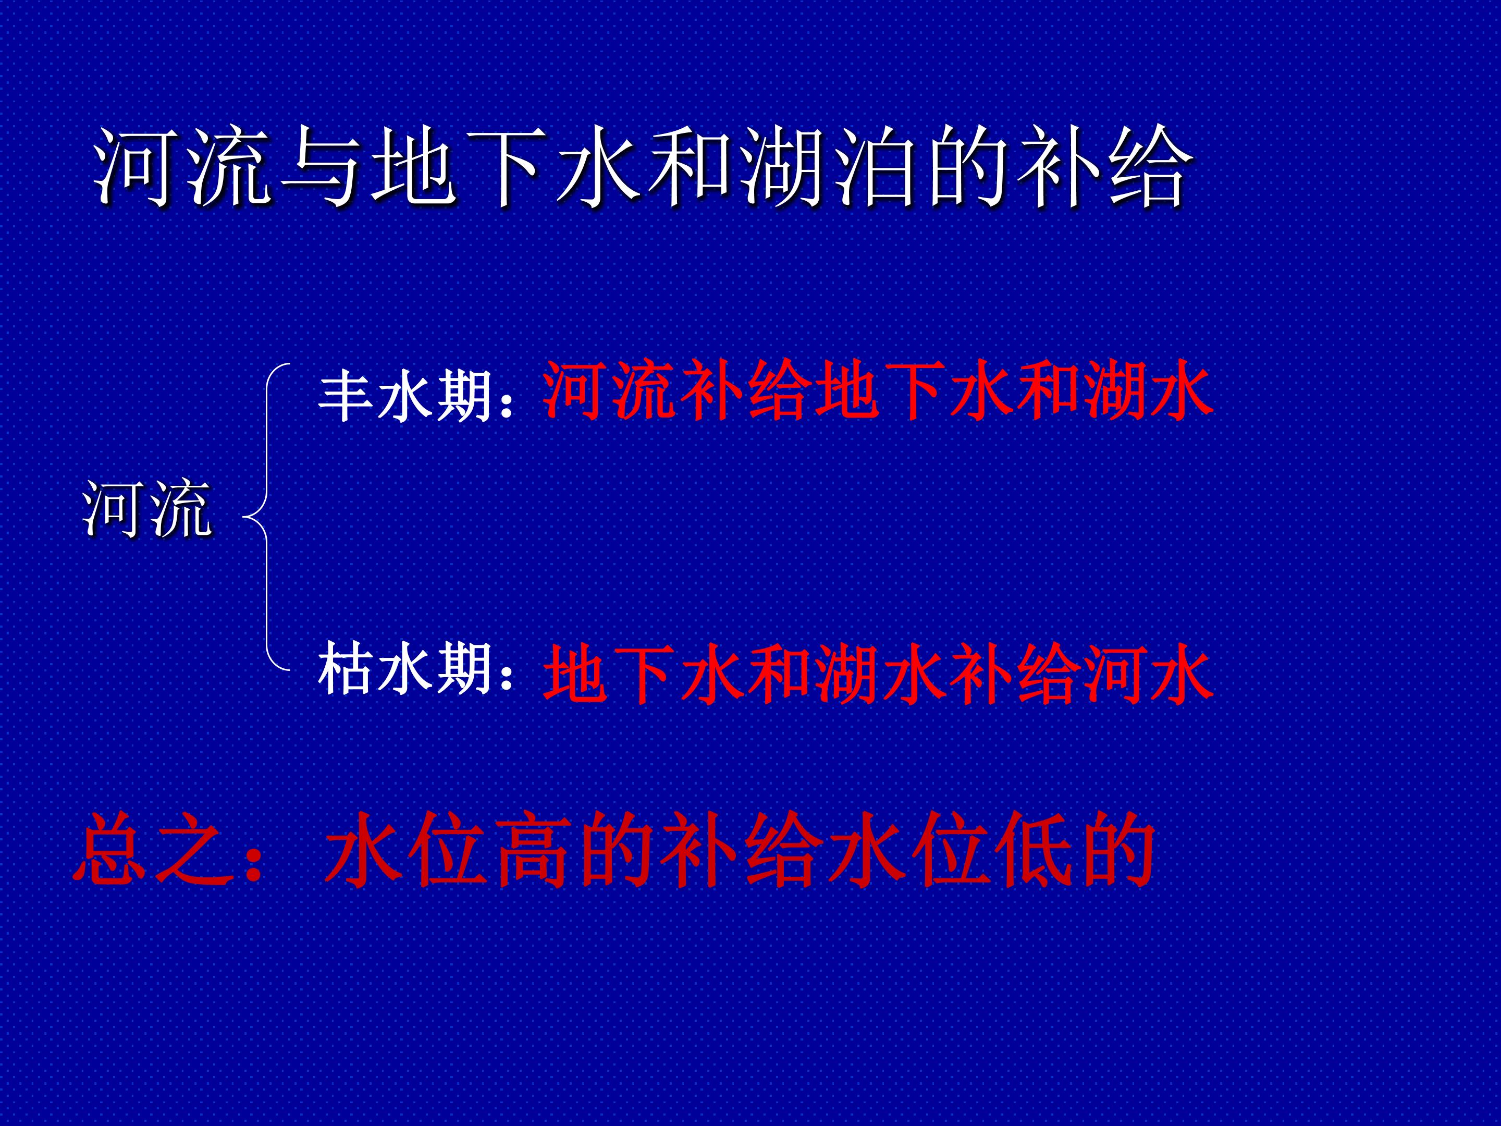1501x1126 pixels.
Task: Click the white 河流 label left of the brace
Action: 147,509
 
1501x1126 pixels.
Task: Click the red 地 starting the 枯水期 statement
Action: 575,674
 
